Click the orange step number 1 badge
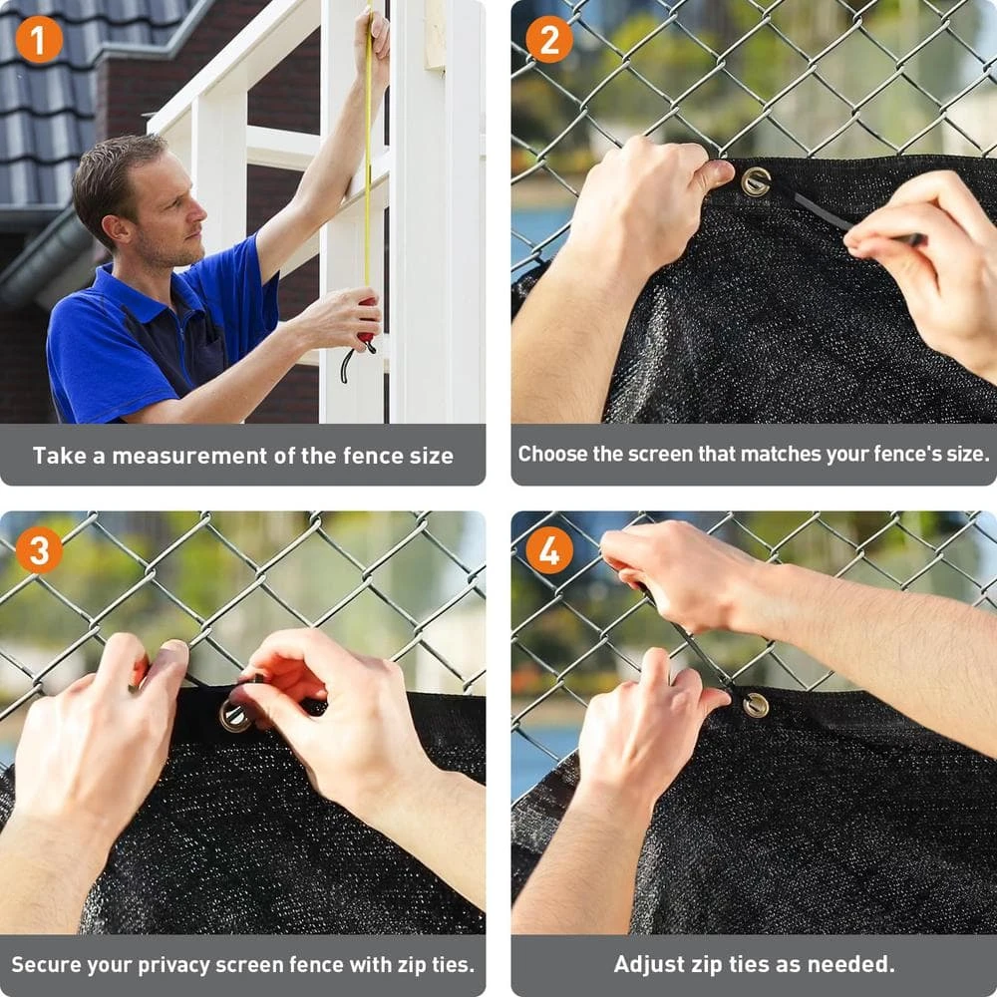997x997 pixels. tap(39, 40)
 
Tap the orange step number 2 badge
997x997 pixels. tap(549, 40)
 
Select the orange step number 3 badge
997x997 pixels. tap(39, 550)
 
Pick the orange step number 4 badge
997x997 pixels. tap(549, 550)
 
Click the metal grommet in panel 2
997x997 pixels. tap(756, 181)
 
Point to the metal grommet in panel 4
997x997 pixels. tap(756, 705)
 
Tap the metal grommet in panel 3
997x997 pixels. tap(234, 715)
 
